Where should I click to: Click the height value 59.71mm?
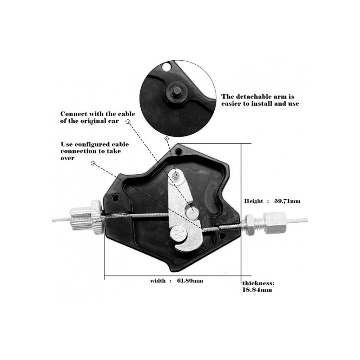pos(287,201)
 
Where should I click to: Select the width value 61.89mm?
pos(190,280)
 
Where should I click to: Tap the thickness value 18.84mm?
pos(257,290)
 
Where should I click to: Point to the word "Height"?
pos(253,201)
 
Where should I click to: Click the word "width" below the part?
pos(158,280)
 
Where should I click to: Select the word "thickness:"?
pos(258,283)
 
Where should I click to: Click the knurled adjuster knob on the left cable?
pos(97,217)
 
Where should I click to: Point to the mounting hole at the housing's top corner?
pos(178,152)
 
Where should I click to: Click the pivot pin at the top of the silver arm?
pos(176,175)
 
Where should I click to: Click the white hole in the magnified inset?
pos(166,67)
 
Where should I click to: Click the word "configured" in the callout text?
pos(92,144)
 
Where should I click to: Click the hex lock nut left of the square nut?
pos(249,225)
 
